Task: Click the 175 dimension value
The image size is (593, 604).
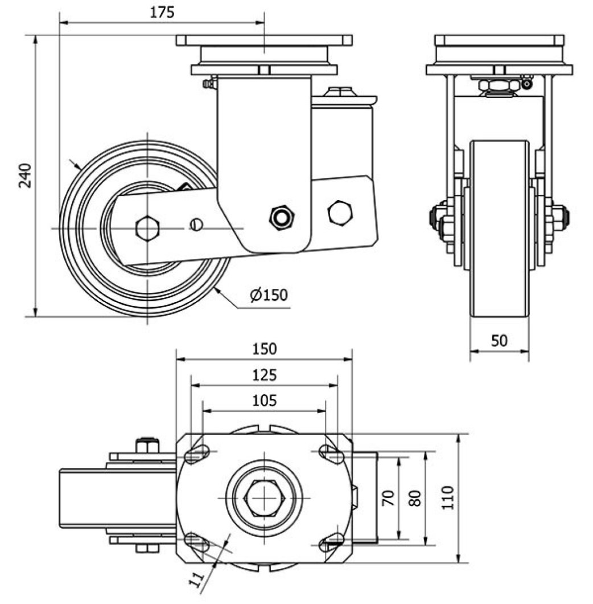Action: click(x=162, y=12)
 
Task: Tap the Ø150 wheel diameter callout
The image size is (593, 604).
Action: click(x=269, y=295)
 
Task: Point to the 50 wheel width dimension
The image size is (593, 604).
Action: click(x=499, y=340)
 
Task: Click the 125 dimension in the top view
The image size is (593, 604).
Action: click(x=264, y=375)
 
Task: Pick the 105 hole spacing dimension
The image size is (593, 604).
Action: click(x=264, y=401)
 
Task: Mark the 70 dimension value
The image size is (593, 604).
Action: click(x=388, y=498)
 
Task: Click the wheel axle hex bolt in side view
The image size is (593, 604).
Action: click(x=147, y=228)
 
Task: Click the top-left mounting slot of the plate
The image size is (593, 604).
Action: click(x=196, y=454)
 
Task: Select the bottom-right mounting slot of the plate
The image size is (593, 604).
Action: click(x=332, y=542)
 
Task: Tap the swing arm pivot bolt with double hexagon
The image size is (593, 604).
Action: click(x=281, y=217)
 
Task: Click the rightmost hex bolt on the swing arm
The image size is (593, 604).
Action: click(x=340, y=211)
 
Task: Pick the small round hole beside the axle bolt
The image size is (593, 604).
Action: click(x=196, y=224)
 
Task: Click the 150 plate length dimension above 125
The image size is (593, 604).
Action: click(x=264, y=348)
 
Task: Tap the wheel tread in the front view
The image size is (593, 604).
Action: click(x=500, y=228)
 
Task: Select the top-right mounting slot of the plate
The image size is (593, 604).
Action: click(x=332, y=454)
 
